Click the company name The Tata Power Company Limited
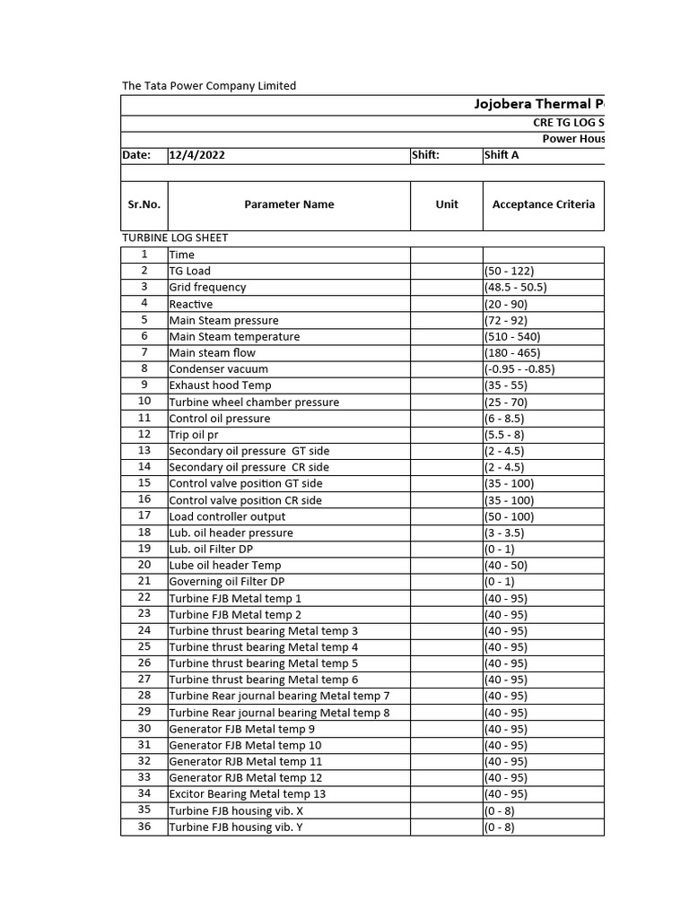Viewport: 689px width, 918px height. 209,86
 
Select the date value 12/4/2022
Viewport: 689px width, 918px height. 197,155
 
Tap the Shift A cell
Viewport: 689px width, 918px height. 501,155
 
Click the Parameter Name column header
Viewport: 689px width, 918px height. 289,204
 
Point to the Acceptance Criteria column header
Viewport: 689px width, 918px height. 543,204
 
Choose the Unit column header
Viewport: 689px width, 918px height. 447,204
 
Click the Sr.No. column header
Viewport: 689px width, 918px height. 144,204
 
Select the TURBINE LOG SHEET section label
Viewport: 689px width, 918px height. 175,238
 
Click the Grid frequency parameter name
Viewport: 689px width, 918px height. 207,288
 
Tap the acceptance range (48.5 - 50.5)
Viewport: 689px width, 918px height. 516,288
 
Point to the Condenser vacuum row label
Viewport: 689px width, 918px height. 218,369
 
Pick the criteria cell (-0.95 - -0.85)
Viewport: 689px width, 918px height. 520,369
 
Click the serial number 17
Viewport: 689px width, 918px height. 144,515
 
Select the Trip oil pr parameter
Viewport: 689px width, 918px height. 194,435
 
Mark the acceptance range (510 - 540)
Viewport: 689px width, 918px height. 512,337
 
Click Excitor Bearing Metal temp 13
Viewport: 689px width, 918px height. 247,794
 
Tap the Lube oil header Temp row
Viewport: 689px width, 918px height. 225,566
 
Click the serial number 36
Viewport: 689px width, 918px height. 144,827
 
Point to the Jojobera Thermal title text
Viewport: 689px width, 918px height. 539,105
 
